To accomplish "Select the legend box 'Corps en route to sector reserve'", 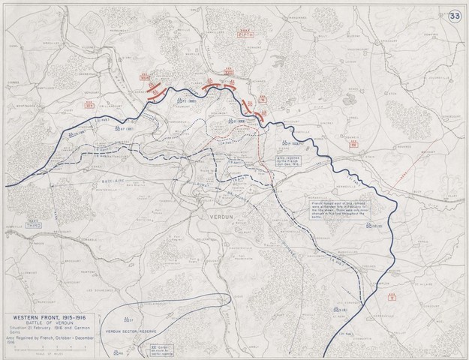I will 165,348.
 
